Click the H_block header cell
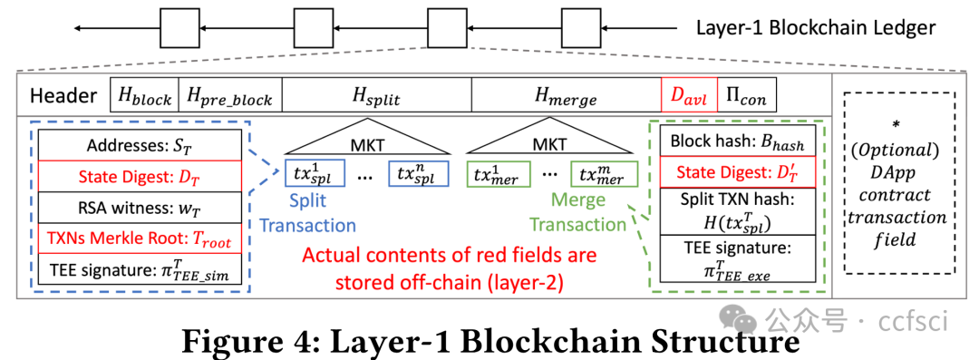click(145, 95)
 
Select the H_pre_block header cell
click(231, 95)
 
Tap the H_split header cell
click(376, 95)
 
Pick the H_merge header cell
click(567, 95)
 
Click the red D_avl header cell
click(688, 95)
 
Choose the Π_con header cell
click(746, 95)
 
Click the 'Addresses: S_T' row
click(141, 146)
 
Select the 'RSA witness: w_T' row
click(141, 208)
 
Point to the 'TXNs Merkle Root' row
click(141, 238)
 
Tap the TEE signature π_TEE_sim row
click(141, 269)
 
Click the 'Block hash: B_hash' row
click(736, 142)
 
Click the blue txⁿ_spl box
click(418, 173)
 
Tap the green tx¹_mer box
click(495, 173)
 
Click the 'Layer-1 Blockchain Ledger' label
click(816, 27)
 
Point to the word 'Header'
click(63, 96)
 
